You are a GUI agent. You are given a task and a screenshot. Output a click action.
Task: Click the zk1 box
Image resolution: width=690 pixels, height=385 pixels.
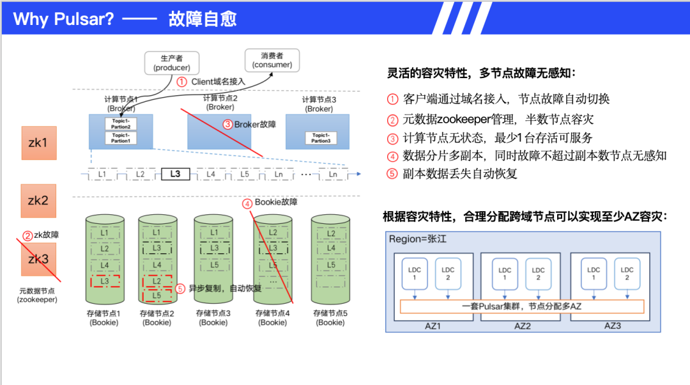(39, 142)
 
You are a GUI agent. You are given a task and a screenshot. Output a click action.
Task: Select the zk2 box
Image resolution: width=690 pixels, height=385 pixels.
(39, 200)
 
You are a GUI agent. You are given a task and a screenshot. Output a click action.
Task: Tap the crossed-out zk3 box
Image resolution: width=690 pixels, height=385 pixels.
(39, 259)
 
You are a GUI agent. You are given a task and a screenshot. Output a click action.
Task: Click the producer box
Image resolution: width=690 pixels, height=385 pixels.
(172, 63)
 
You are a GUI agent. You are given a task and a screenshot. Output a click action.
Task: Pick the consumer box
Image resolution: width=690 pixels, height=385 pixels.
(272, 60)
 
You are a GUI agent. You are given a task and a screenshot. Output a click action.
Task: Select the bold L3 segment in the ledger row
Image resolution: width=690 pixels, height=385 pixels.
(175, 174)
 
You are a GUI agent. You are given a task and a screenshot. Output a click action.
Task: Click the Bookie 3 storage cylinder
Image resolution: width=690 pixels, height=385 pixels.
(213, 260)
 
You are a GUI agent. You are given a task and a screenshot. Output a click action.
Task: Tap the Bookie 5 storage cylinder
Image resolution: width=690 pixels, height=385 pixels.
(330, 260)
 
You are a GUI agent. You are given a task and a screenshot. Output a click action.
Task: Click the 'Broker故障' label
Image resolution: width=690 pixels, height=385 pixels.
(255, 124)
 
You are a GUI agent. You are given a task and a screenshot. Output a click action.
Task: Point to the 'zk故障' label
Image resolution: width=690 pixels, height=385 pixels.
(46, 235)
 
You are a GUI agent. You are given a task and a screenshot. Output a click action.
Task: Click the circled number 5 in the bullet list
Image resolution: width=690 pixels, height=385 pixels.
(392, 173)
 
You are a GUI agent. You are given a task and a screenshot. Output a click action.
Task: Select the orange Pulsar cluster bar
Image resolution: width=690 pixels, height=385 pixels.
(521, 306)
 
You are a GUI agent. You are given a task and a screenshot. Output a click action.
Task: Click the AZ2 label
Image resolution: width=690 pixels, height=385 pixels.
(523, 325)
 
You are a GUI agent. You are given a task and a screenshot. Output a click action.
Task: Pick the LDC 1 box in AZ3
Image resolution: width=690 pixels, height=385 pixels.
(594, 274)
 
